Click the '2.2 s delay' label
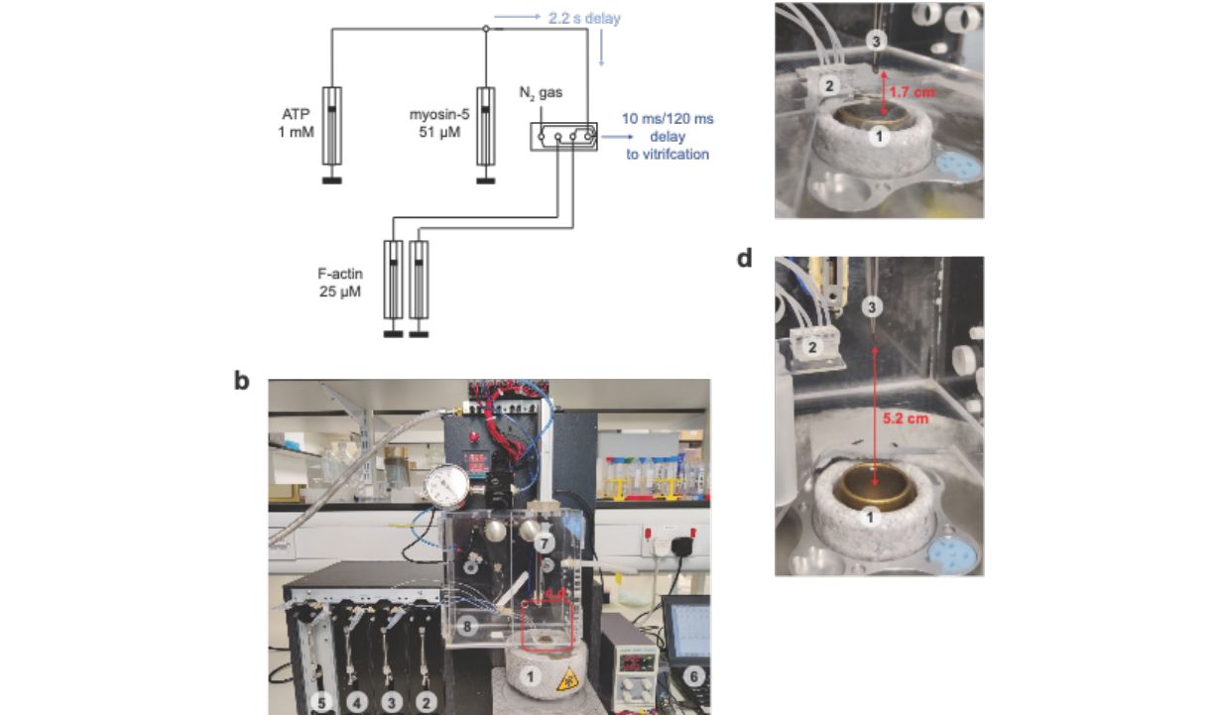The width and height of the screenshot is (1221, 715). click(x=585, y=18)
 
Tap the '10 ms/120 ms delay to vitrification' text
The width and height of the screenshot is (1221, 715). click(x=667, y=137)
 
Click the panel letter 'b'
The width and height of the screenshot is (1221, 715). click(x=242, y=381)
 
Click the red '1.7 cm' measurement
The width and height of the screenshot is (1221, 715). click(x=914, y=92)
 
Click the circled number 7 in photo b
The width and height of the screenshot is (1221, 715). click(x=544, y=544)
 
